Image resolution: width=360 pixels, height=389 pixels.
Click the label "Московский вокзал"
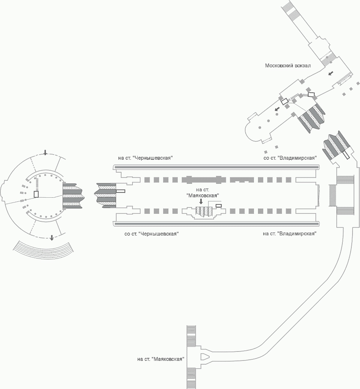tap(288, 66)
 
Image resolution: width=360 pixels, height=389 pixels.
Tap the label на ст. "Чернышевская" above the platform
tap(145, 158)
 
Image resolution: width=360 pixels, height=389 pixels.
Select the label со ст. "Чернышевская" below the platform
tap(151, 234)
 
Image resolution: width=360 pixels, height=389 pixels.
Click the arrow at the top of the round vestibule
tap(45, 152)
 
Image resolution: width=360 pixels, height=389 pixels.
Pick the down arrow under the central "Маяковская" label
tap(201, 201)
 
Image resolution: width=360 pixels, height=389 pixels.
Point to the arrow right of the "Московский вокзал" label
tap(331, 73)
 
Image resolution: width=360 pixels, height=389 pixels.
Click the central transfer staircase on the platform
tap(204, 212)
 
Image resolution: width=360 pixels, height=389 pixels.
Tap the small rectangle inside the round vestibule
tap(36, 194)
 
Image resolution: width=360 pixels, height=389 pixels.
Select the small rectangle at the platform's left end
tap(120, 191)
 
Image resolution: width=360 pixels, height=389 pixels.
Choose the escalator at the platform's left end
tap(106, 194)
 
